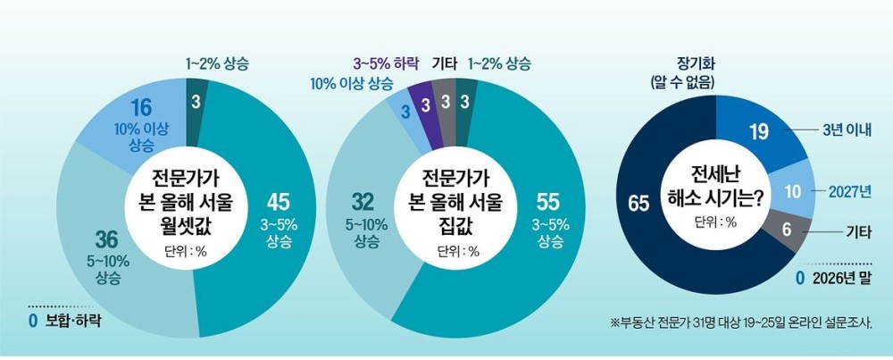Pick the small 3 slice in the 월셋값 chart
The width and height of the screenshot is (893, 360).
196,102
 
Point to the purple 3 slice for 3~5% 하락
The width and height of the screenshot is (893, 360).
425,105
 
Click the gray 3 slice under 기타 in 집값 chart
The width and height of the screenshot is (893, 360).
445,103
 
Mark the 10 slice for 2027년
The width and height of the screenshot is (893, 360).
793,191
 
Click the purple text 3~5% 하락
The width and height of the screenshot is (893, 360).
387,63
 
